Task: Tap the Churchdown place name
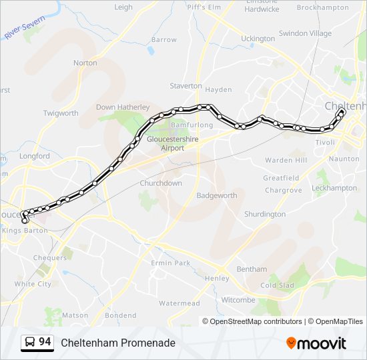pos(161,183)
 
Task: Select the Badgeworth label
pos(216,195)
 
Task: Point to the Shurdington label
pos(264,214)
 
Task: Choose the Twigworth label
pos(61,113)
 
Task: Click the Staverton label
pos(186,86)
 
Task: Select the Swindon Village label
pos(305,33)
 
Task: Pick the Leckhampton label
pos(334,188)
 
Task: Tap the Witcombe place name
pos(238,300)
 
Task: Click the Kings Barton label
pos(25,230)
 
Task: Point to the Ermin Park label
pos(171,263)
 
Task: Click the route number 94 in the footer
pos(45,342)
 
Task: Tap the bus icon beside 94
pos(30,343)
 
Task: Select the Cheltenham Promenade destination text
pos(118,343)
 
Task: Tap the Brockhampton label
pos(322,8)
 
